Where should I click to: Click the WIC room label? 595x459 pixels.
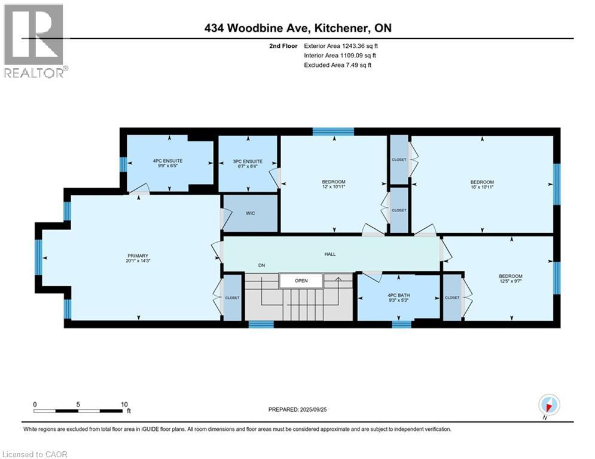pos(250,213)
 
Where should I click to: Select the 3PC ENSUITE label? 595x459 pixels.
pos(248,161)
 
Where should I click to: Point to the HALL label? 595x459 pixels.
pos(330,254)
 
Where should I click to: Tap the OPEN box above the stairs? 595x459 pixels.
pos(301,280)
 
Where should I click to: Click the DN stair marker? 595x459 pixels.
pos(261,265)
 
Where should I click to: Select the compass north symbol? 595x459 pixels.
pos(548,405)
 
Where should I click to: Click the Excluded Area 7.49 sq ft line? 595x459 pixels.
pos(338,65)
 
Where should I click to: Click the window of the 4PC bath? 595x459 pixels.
pos(401,324)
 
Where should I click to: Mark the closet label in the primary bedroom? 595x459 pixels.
pos(233,298)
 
